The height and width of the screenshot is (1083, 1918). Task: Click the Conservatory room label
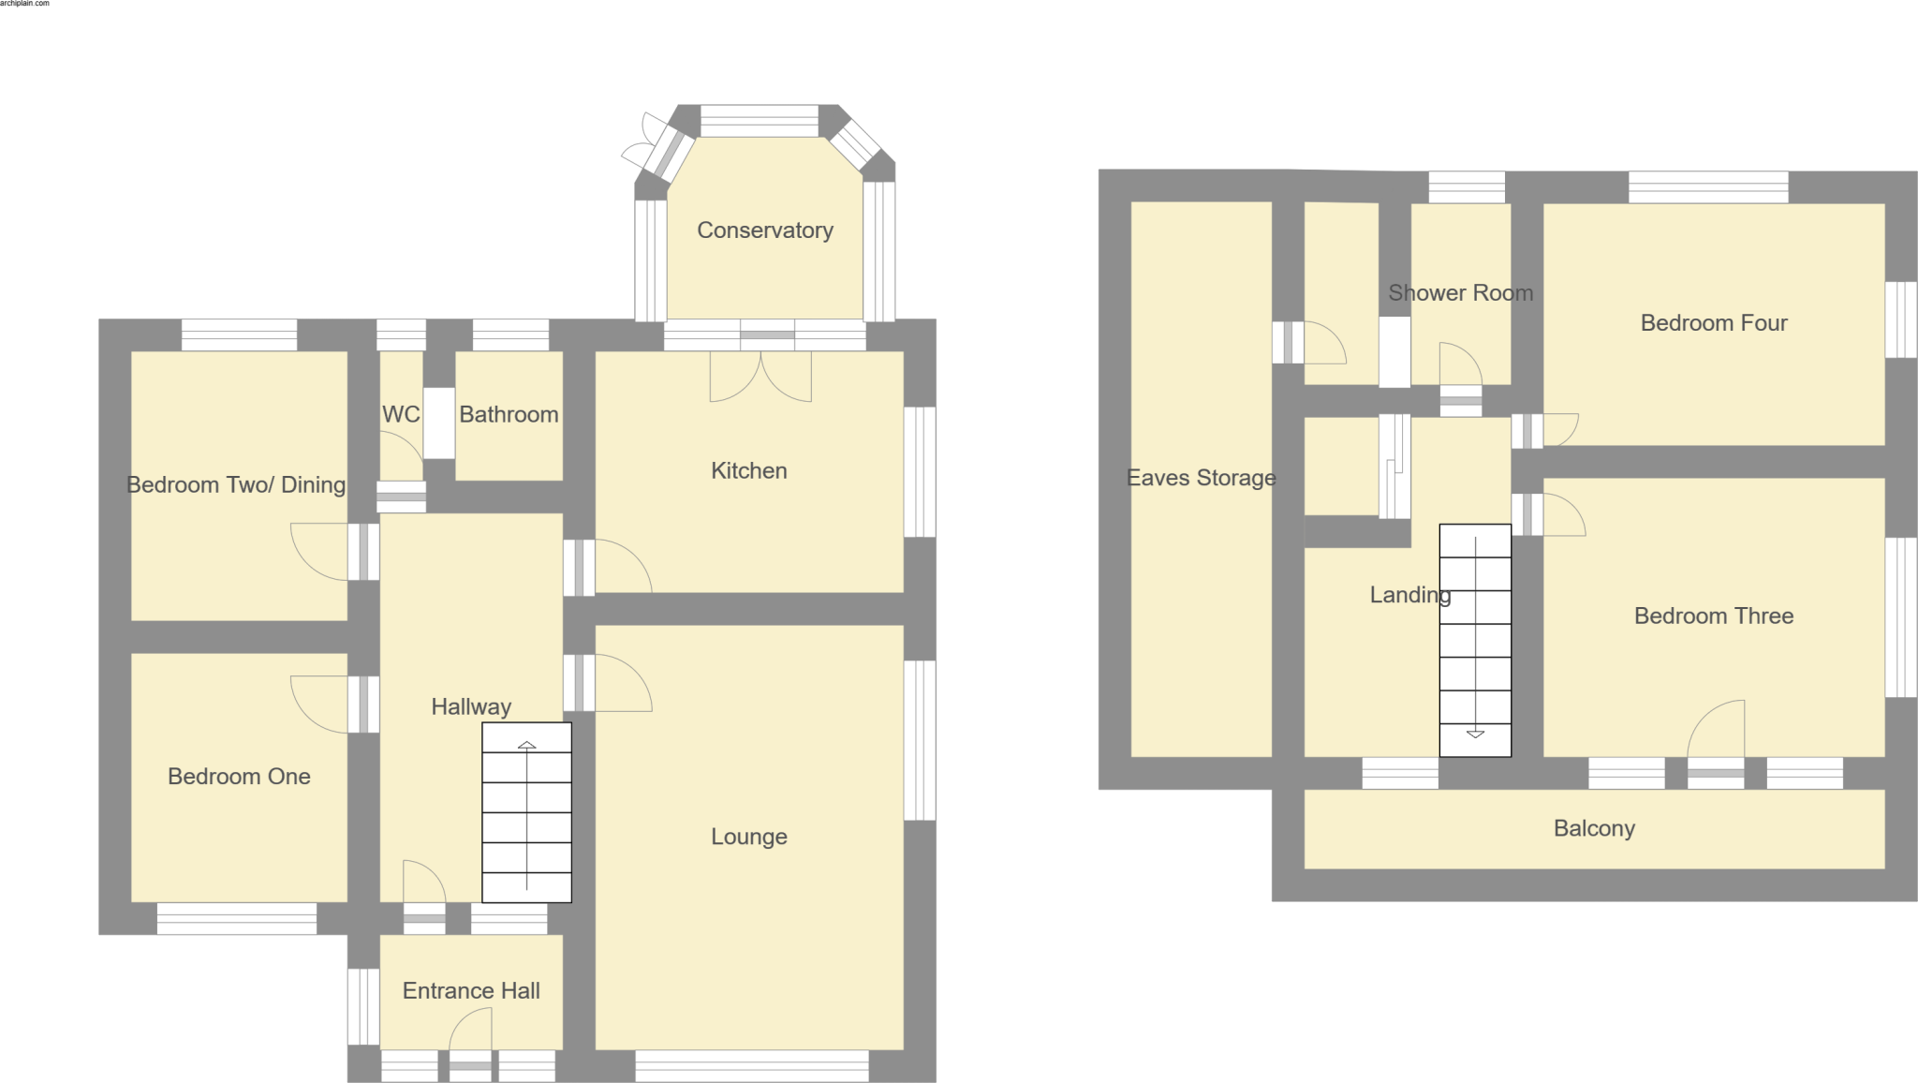coord(764,230)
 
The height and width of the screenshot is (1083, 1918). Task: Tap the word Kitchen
coord(748,470)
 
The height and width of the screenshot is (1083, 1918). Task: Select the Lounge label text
coord(748,837)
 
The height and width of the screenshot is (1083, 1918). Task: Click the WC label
coord(401,414)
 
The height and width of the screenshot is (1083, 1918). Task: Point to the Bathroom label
coord(509,414)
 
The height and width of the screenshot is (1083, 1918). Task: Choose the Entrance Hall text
coord(471,990)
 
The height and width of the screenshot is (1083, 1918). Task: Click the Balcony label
coord(1594,828)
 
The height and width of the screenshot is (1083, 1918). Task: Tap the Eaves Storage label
coord(1201,478)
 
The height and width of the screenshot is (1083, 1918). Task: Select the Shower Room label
coord(1460,293)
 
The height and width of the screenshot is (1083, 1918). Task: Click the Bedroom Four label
coord(1713,323)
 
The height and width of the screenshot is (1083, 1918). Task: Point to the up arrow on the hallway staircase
coord(527,746)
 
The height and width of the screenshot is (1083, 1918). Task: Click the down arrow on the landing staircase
coord(1475,734)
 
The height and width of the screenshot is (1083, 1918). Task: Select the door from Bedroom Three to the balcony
coord(1717,740)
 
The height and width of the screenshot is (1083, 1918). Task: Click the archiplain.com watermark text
coord(24,4)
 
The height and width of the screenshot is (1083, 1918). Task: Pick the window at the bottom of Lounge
coord(752,1066)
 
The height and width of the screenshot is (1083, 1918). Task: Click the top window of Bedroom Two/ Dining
coord(239,334)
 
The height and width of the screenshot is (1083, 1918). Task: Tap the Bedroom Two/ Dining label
coord(236,485)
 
